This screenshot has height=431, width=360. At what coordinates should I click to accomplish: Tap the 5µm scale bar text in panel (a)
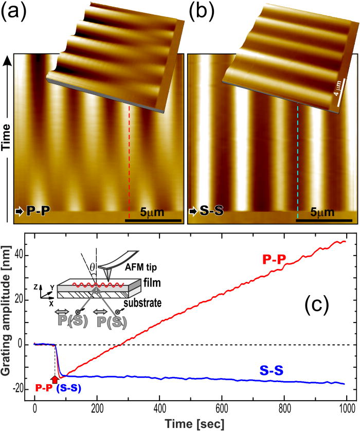[x=155, y=212]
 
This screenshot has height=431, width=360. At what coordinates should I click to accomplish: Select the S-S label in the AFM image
[x=211, y=210]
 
